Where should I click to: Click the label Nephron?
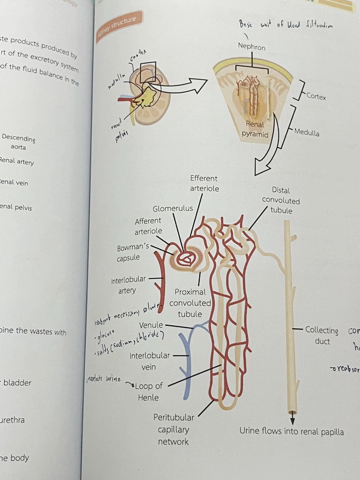pyautogui.click(x=251, y=47)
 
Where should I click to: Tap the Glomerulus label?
pyautogui.click(x=172, y=209)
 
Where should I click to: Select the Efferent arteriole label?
pyautogui.click(x=204, y=184)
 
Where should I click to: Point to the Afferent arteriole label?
pyautogui.click(x=148, y=226)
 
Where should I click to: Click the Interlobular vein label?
pyautogui.click(x=150, y=361)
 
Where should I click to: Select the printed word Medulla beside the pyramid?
pyautogui.click(x=307, y=133)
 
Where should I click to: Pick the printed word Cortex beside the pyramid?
pyautogui.click(x=316, y=96)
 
